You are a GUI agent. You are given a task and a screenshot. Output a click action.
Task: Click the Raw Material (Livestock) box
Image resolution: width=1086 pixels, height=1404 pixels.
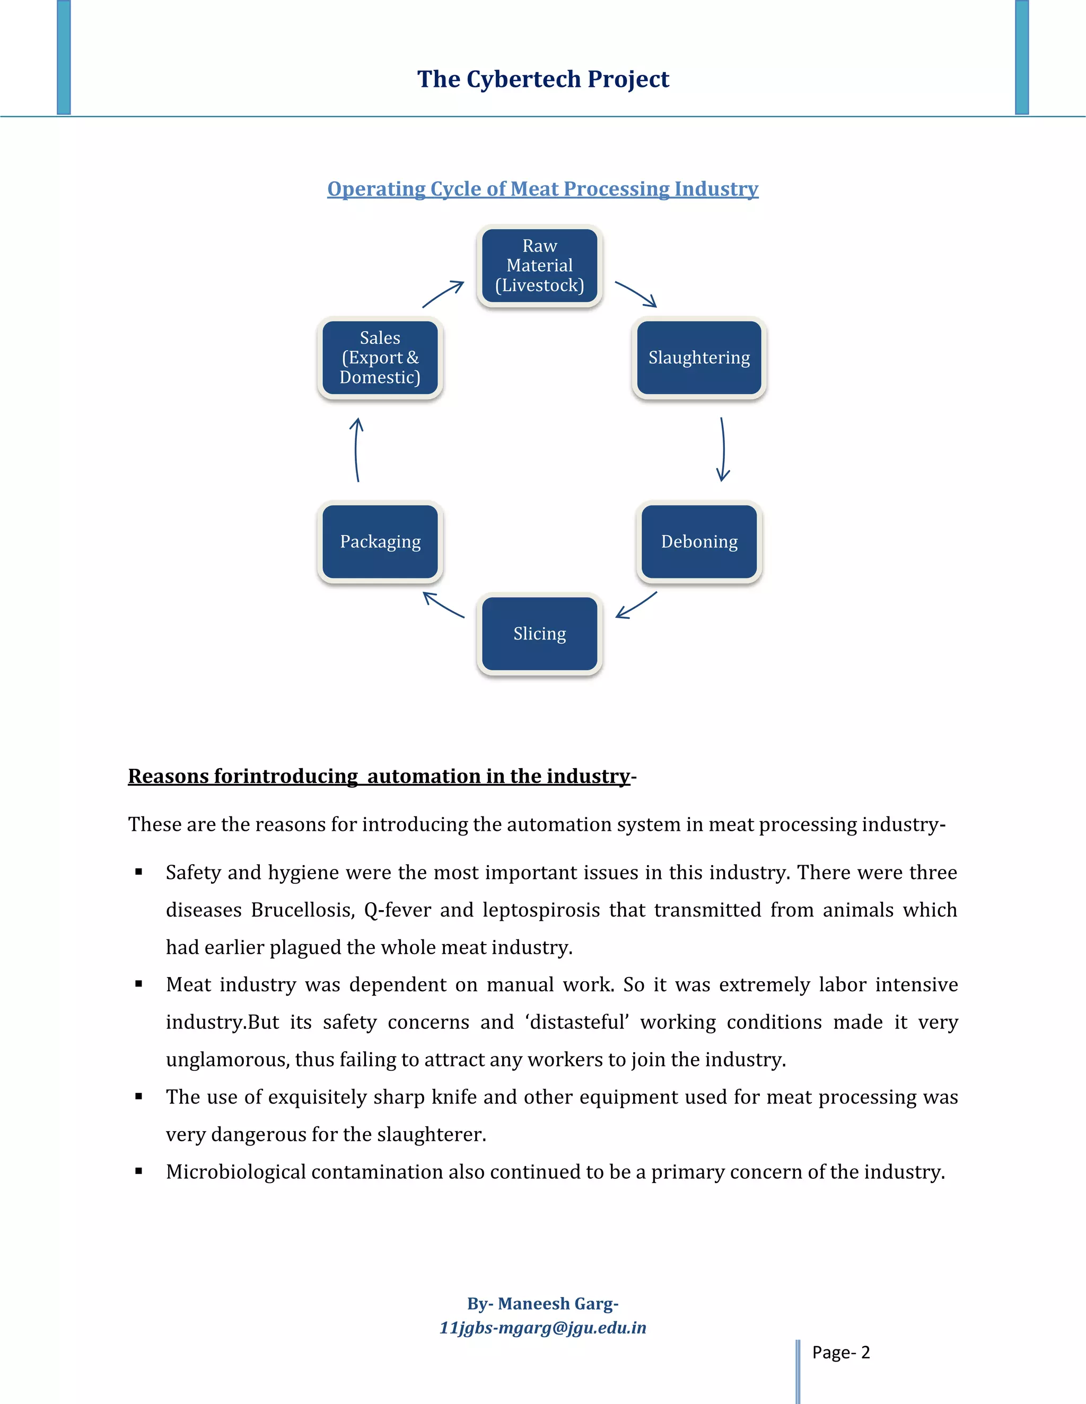tap(539, 265)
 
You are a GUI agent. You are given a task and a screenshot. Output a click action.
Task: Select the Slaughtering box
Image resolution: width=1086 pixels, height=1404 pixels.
tap(699, 358)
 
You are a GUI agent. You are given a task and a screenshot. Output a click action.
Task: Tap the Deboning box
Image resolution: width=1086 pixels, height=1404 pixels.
tap(699, 541)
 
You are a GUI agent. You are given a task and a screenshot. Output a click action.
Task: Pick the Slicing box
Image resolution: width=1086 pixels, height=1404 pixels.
tap(539, 634)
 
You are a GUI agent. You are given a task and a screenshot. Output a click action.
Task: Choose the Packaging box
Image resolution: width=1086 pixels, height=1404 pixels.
tap(380, 541)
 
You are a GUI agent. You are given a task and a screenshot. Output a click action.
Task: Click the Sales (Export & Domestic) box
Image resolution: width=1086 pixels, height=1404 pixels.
tap(380, 358)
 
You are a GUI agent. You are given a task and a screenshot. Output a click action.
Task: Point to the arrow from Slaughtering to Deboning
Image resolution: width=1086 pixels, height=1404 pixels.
tap(723, 449)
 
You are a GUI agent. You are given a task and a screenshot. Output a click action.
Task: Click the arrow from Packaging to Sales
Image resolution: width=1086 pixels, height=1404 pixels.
tap(356, 449)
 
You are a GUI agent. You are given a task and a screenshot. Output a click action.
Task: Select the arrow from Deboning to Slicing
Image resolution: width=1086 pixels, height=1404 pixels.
tap(636, 606)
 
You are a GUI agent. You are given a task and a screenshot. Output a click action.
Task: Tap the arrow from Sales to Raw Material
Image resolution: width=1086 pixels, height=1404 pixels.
tap(443, 294)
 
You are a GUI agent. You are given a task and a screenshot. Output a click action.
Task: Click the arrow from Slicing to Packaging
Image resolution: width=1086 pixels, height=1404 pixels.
tap(443, 605)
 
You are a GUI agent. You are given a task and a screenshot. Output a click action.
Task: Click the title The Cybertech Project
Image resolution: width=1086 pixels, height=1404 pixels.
tap(543, 79)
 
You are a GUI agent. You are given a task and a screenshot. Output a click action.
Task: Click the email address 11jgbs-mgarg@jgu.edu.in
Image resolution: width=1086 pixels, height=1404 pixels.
tap(542, 1328)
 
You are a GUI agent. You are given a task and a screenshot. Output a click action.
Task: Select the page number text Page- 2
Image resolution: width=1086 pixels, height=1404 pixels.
tap(840, 1353)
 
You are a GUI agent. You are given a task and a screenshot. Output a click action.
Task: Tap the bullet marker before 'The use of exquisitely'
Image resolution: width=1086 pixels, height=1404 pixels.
tap(139, 1097)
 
